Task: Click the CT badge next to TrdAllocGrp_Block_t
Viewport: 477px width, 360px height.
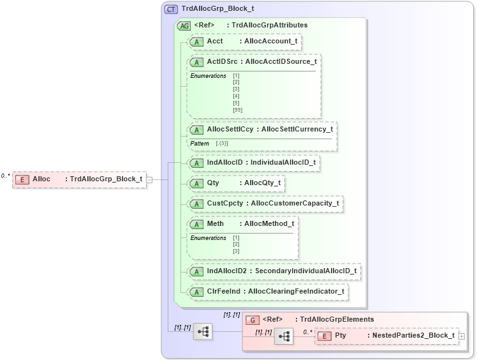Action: coord(171,10)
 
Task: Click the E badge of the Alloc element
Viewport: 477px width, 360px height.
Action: coord(22,179)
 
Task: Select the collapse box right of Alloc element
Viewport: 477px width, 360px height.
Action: coord(149,179)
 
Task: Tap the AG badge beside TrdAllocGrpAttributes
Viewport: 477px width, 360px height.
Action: coord(184,26)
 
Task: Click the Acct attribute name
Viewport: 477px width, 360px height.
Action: coord(215,41)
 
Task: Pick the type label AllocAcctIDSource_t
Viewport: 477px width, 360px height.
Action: coord(281,62)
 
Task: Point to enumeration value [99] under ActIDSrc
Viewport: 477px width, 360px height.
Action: coord(237,110)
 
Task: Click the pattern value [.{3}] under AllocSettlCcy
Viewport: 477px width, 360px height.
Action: coord(222,144)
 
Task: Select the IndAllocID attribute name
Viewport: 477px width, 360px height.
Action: coord(225,163)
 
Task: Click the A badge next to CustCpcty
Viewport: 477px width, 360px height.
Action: coord(197,204)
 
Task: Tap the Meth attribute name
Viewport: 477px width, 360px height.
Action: coord(216,224)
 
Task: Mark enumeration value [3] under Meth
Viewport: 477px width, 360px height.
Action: coord(236,251)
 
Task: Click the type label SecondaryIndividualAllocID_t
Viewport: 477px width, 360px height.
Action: coord(305,271)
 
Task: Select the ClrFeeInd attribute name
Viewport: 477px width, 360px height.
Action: coord(223,292)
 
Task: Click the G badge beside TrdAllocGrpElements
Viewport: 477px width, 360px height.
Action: coord(253,319)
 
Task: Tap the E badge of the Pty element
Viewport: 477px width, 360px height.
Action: coord(325,336)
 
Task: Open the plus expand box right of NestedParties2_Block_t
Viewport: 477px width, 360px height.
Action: coord(462,336)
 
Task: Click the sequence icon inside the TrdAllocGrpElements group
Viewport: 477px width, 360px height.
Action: coord(284,336)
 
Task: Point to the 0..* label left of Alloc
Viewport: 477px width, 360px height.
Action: coord(5,176)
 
